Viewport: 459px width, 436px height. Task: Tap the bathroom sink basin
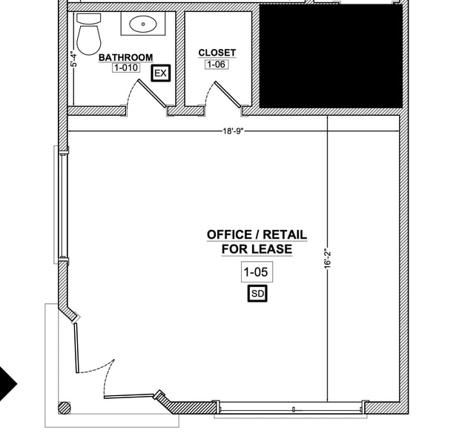pyautogui.click(x=142, y=24)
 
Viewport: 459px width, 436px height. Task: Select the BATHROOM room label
pyautogui.click(x=125, y=57)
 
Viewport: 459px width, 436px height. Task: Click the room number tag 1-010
pyautogui.click(x=125, y=68)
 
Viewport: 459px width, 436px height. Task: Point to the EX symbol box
pyautogui.click(x=160, y=73)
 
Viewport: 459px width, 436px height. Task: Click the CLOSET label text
pyautogui.click(x=217, y=53)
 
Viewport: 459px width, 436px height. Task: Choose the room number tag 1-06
pyautogui.click(x=216, y=65)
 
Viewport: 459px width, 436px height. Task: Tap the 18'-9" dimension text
pyautogui.click(x=233, y=131)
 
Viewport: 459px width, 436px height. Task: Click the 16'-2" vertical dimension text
pyautogui.click(x=327, y=261)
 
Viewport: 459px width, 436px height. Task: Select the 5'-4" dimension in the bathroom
pyautogui.click(x=73, y=59)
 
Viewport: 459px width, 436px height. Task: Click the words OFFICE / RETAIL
pyautogui.click(x=257, y=234)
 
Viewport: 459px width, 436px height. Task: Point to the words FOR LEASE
pyautogui.click(x=257, y=249)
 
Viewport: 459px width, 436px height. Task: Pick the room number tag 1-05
pyautogui.click(x=257, y=273)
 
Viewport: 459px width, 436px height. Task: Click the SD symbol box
pyautogui.click(x=257, y=294)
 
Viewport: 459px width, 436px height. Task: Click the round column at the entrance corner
pyautogui.click(x=65, y=407)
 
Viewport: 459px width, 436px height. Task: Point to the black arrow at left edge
pyautogui.click(x=7, y=383)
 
